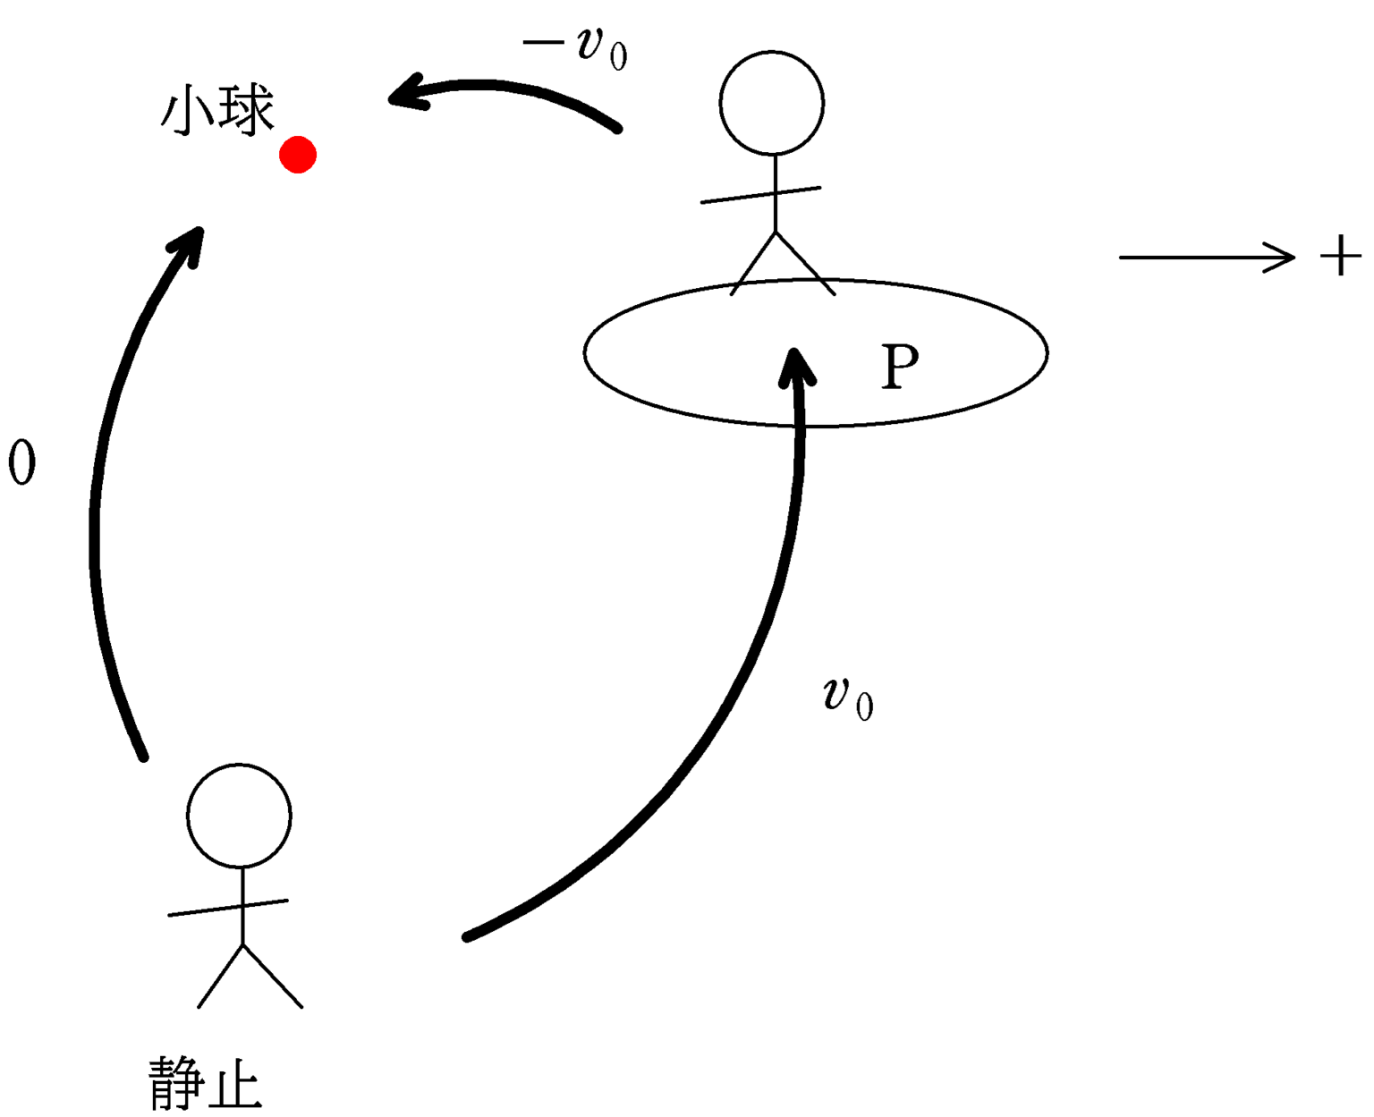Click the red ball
(x=298, y=155)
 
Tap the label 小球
(x=217, y=111)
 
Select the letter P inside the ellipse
(x=899, y=367)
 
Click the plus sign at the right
(x=1340, y=257)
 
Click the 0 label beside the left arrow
(x=21, y=462)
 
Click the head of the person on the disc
(x=771, y=103)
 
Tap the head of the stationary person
(x=239, y=815)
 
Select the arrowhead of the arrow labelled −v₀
(x=405, y=93)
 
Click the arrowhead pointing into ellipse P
(x=795, y=366)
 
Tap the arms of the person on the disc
(x=760, y=195)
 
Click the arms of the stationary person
(x=228, y=908)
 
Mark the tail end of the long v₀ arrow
(x=467, y=936)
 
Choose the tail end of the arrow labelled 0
(x=143, y=757)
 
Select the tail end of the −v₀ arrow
(x=617, y=129)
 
